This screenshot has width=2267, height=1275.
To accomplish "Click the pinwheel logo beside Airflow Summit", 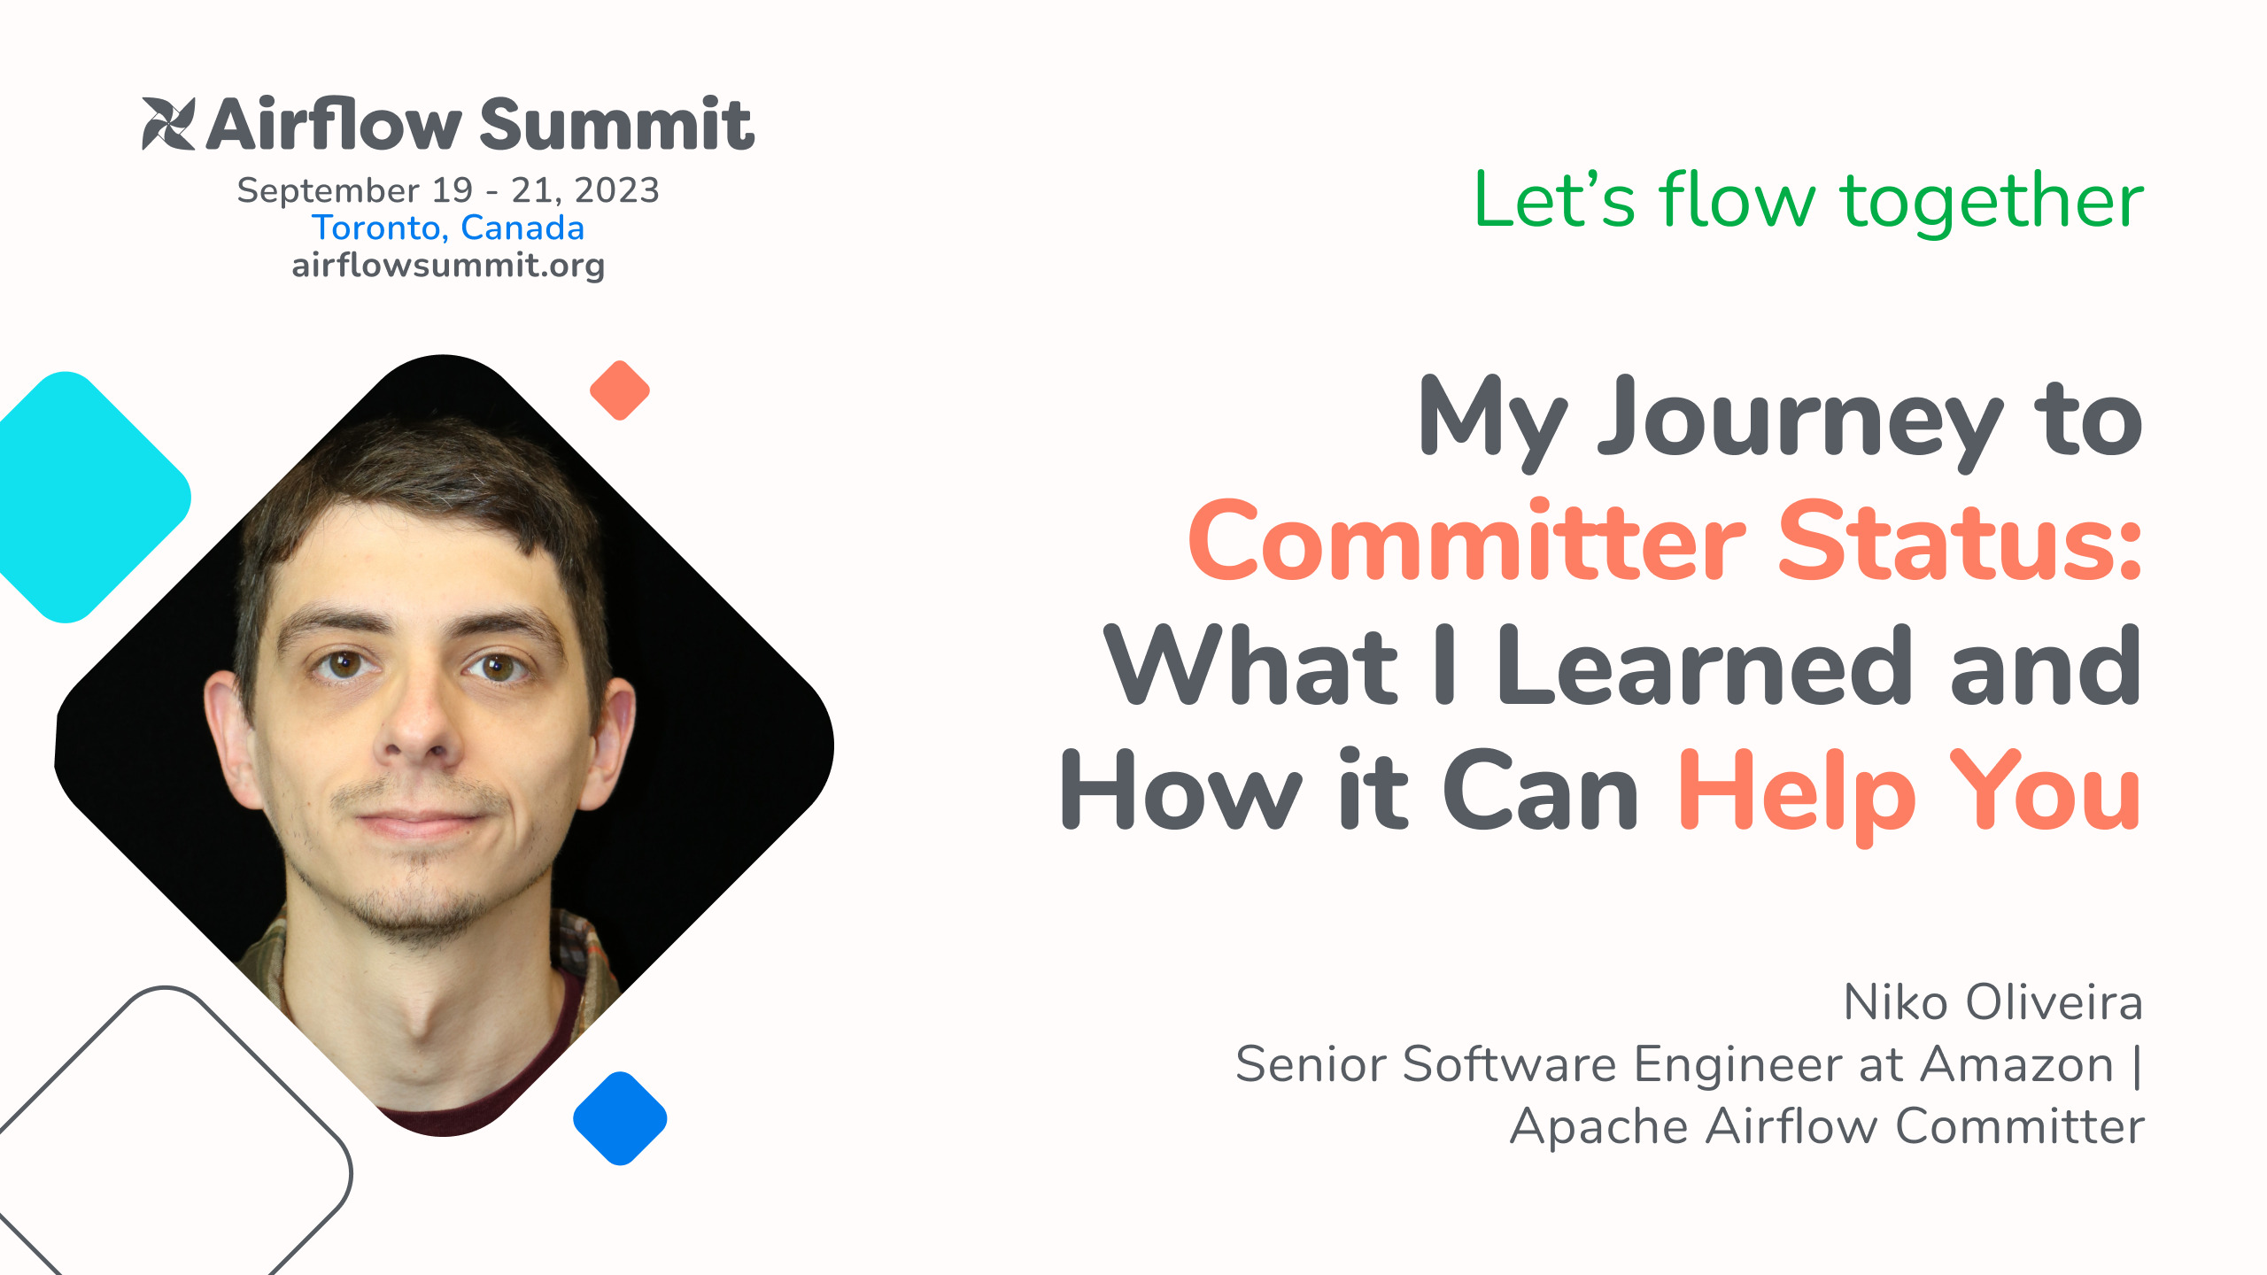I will point(168,124).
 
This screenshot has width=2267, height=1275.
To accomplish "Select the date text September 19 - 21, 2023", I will point(448,190).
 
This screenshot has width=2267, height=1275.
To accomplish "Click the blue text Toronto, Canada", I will point(448,228).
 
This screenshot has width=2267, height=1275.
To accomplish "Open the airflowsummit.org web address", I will point(448,265).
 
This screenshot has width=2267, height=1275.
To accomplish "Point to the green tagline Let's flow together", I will point(1808,201).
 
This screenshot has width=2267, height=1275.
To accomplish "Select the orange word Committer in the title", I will point(1466,542).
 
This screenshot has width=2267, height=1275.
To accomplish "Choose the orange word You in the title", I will point(2046,790).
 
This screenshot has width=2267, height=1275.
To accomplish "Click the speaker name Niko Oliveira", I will point(1992,1003).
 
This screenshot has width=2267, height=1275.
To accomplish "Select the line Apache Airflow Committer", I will point(1826,1126).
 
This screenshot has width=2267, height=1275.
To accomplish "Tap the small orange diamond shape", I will point(620,390).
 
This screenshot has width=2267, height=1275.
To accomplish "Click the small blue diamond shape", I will point(620,1118).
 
